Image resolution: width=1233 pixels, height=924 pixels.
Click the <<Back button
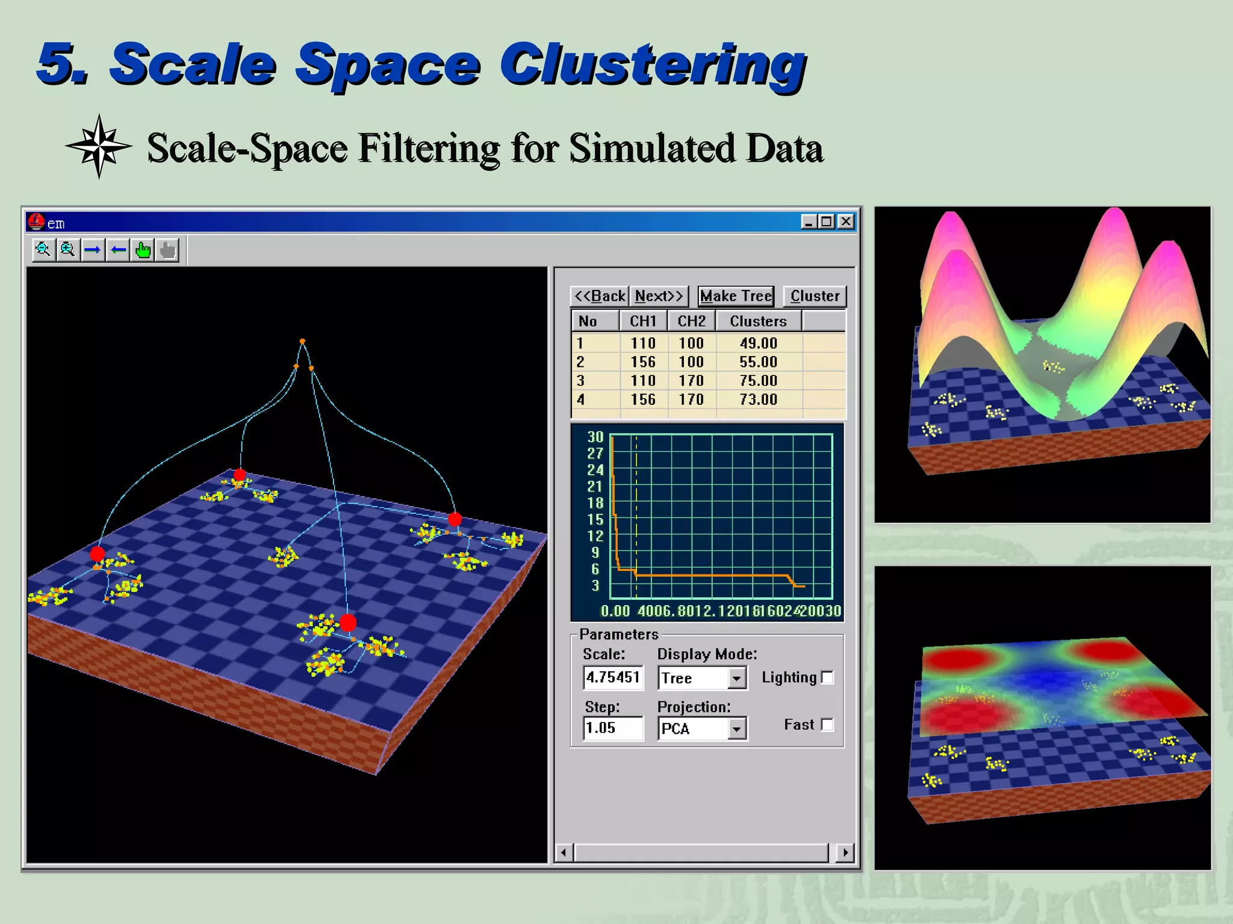pos(600,296)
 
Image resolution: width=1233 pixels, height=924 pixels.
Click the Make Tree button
pos(736,296)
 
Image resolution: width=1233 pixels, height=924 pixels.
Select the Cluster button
pos(814,296)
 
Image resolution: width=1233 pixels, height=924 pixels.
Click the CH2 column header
pos(691,321)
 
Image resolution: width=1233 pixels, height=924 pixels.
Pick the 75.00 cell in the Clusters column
pos(758,381)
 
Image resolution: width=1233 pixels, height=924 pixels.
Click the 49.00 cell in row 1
pos(758,343)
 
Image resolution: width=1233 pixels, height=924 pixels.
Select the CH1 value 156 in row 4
pos(642,399)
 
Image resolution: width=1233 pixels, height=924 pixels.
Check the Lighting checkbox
pos(828,678)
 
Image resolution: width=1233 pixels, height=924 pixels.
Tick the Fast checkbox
pos(828,725)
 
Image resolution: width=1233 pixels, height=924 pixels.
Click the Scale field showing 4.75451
pos(613,678)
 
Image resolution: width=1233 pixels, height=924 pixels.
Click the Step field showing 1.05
pos(613,728)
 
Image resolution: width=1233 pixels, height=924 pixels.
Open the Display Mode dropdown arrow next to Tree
pos(736,679)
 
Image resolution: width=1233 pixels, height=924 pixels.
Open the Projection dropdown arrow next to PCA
pos(736,729)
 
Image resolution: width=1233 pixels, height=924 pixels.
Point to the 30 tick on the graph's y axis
pos(595,437)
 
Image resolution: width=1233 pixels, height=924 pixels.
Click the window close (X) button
pos(846,222)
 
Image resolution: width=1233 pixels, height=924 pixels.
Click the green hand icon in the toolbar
pos(143,250)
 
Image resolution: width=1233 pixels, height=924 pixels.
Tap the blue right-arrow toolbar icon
pos(93,250)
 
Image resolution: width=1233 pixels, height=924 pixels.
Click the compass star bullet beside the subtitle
pos(99,147)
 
